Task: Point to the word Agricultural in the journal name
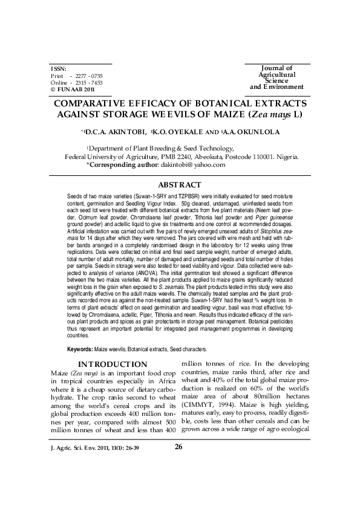277,74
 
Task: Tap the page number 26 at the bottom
178,481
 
